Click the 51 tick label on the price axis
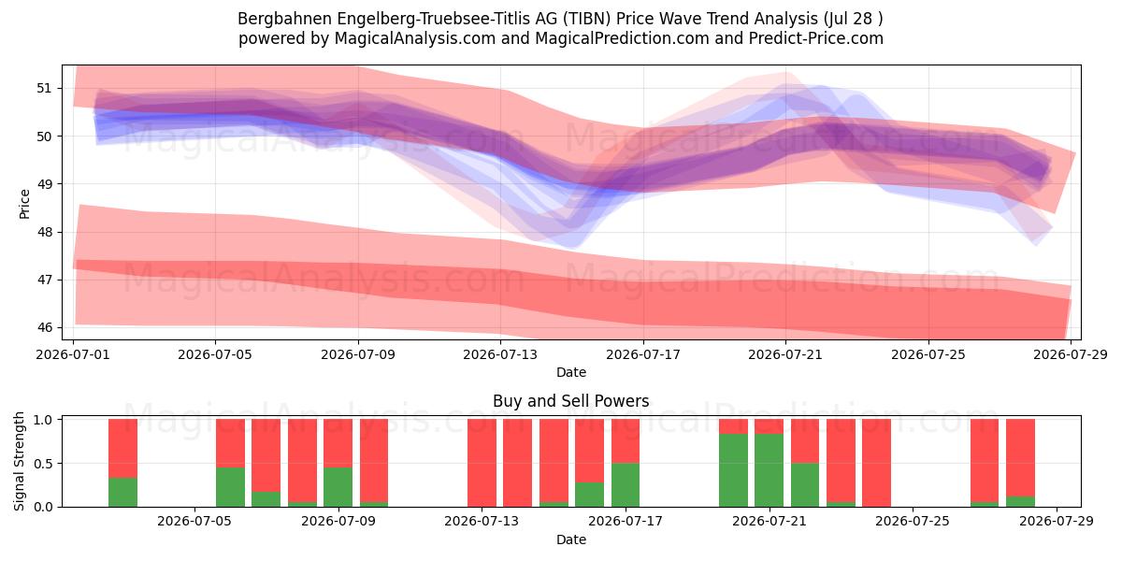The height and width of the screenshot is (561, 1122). tap(44, 89)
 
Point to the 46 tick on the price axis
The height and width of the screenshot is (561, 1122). tap(44, 328)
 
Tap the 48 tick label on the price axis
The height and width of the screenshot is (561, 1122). tap(44, 233)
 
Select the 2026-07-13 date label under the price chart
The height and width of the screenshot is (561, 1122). tap(500, 354)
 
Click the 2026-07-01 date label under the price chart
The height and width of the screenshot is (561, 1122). tap(73, 354)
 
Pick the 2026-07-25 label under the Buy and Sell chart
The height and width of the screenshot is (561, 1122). tap(913, 522)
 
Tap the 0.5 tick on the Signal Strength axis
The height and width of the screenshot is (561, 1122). tap(44, 464)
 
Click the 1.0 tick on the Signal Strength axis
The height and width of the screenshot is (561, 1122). tap(44, 420)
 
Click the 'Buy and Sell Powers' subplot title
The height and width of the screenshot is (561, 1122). tap(571, 401)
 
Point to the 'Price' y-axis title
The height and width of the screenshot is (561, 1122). tap(24, 204)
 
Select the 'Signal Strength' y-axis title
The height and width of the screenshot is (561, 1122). tap(19, 461)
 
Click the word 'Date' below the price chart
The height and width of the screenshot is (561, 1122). tap(571, 372)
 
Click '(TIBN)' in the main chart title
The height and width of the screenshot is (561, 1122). tap(586, 19)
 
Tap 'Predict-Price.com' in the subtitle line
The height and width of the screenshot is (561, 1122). tap(816, 38)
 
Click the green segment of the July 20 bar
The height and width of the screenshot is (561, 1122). tap(733, 470)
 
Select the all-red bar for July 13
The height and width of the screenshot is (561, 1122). tap(482, 463)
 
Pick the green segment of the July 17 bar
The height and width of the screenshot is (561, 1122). tap(626, 485)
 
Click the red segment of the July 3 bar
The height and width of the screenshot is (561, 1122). tap(122, 448)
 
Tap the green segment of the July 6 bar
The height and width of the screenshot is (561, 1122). tap(230, 487)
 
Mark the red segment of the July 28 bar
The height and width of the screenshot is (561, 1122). tap(1020, 458)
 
